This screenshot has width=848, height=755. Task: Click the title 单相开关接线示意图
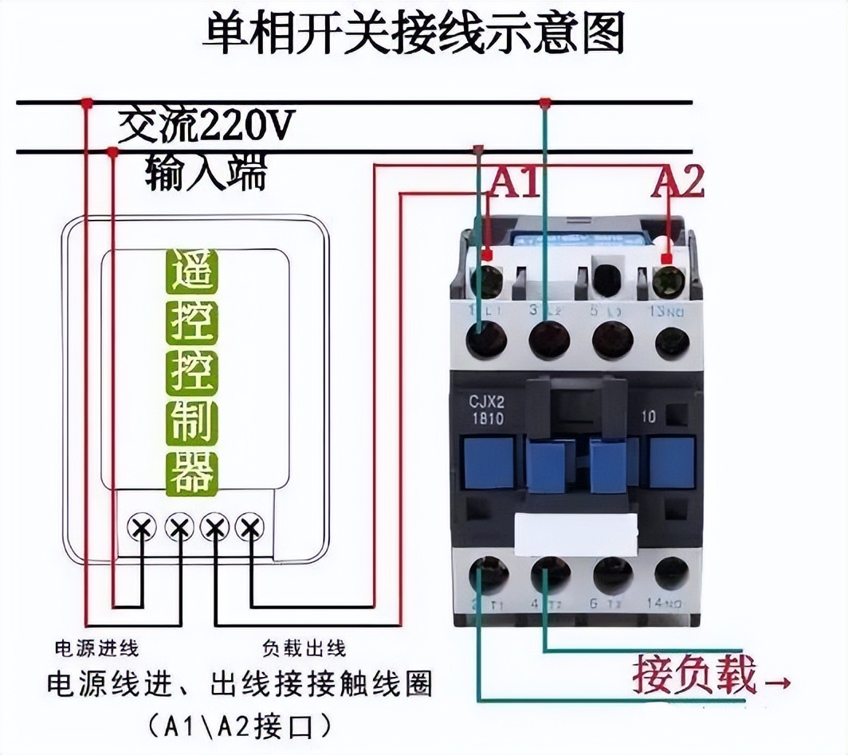(x=414, y=33)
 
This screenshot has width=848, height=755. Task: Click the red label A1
(x=514, y=182)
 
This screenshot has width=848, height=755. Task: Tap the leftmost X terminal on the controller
(x=143, y=526)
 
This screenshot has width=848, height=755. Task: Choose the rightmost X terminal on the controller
(x=250, y=526)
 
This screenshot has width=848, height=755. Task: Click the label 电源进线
(x=96, y=647)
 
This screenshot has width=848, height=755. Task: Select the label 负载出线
(x=304, y=647)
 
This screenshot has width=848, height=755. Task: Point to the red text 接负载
(x=694, y=676)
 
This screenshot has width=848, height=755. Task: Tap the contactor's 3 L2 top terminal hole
(x=549, y=340)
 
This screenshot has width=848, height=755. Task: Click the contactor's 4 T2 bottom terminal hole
(x=550, y=575)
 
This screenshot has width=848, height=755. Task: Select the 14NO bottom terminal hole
(x=671, y=574)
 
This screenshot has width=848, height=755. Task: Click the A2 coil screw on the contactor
(x=669, y=281)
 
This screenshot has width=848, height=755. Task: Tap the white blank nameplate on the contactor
(x=576, y=534)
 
